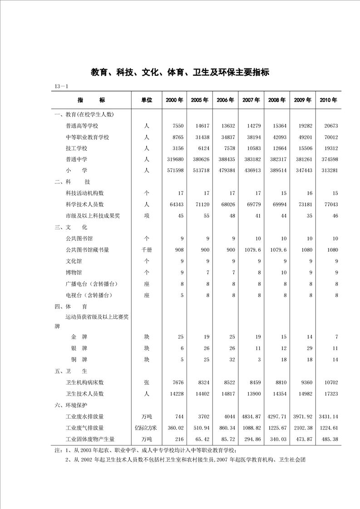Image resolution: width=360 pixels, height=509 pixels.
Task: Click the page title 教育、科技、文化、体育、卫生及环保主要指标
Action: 180,72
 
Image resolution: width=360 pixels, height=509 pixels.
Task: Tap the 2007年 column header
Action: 251,100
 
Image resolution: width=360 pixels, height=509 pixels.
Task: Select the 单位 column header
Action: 146,100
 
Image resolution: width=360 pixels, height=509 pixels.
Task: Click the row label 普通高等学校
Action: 82,126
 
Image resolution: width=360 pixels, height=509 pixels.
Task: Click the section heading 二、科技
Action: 73,181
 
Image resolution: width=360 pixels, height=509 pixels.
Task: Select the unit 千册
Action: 146,250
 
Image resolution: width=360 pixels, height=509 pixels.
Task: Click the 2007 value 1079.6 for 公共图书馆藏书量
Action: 252,250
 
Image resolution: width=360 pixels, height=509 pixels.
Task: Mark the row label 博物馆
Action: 74,272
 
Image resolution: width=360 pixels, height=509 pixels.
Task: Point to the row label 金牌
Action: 79,337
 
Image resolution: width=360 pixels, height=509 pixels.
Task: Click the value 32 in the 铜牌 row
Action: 226,359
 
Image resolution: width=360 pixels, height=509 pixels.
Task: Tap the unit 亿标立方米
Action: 146,428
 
